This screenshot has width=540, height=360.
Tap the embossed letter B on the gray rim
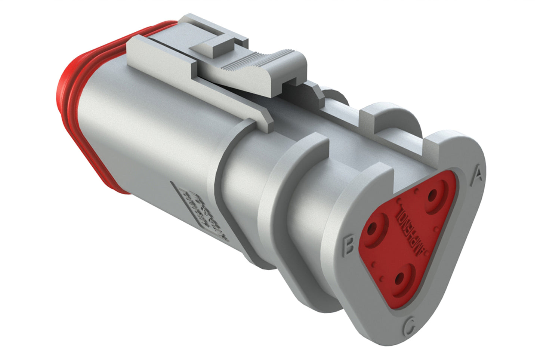348,246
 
